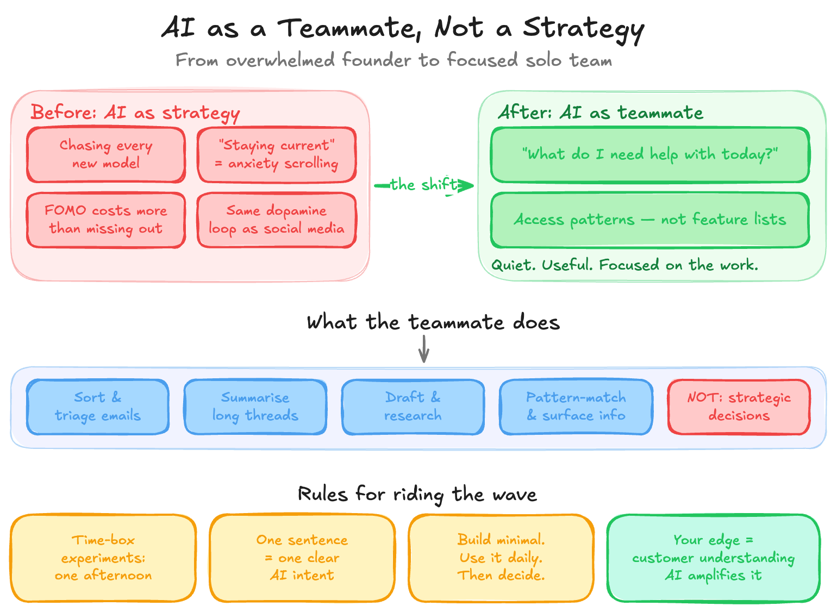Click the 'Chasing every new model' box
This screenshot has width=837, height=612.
[x=106, y=155]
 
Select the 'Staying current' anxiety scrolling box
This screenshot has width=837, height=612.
[x=277, y=155]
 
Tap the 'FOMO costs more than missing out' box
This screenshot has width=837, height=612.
[x=106, y=220]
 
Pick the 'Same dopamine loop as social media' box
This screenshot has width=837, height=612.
[x=277, y=220]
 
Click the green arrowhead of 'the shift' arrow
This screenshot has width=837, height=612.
[x=466, y=186]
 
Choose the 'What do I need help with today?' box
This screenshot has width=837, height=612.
[x=650, y=155]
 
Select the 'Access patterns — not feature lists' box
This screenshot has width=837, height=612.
[x=650, y=220]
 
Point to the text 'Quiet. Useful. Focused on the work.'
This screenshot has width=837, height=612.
[x=624, y=265]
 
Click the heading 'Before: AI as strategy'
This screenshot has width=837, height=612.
[x=135, y=113]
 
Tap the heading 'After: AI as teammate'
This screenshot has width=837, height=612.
[x=600, y=113]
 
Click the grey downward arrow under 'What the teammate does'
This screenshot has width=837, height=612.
[x=424, y=349]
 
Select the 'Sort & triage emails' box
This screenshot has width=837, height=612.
[x=98, y=407]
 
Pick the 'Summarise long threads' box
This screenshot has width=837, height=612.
[x=255, y=407]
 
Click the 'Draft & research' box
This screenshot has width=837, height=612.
[x=413, y=407]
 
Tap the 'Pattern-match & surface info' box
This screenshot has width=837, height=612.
[x=576, y=407]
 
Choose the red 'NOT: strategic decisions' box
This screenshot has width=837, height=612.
[x=739, y=407]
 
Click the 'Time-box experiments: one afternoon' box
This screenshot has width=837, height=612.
[x=103, y=558]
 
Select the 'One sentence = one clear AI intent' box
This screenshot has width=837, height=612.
[x=302, y=558]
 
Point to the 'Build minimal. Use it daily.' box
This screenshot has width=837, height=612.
[x=501, y=558]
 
